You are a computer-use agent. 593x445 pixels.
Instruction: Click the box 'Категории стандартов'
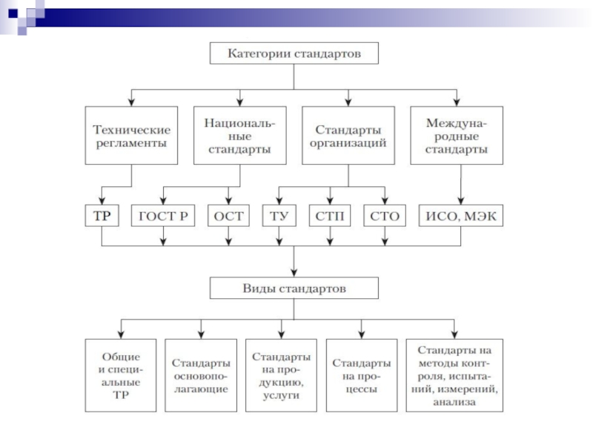pyautogui.click(x=294, y=54)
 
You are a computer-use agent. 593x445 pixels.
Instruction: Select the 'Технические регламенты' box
pyautogui.click(x=131, y=135)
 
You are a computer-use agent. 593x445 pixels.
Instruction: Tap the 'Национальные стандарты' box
pyautogui.click(x=239, y=135)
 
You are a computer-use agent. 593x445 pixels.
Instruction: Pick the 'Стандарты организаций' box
pyautogui.click(x=348, y=135)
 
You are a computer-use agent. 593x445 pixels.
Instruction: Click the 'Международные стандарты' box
pyautogui.click(x=457, y=135)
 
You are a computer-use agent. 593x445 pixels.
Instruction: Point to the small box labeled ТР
pyautogui.click(x=102, y=216)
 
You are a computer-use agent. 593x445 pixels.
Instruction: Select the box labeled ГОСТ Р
pyautogui.click(x=164, y=216)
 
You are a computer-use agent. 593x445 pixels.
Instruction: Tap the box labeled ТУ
pyautogui.click(x=279, y=216)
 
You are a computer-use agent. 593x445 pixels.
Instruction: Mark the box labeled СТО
pyautogui.click(x=385, y=216)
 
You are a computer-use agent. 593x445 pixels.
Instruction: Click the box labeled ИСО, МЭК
pyautogui.click(x=461, y=216)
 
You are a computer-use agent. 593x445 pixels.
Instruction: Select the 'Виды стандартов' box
pyautogui.click(x=294, y=289)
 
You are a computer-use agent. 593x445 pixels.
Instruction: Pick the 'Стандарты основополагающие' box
pyautogui.click(x=201, y=375)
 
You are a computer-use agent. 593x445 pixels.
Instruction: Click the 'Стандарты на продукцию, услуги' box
pyautogui.click(x=282, y=375)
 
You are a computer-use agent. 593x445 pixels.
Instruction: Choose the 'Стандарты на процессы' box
pyautogui.click(x=361, y=375)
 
